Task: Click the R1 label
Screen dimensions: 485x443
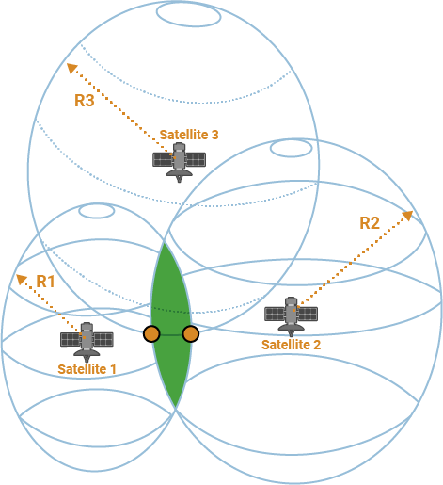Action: click(46, 282)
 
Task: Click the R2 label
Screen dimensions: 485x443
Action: click(370, 223)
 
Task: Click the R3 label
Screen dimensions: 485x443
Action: click(84, 101)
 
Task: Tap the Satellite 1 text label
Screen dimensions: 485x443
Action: click(87, 368)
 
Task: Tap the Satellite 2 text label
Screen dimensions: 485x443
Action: click(291, 345)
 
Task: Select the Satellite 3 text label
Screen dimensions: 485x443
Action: click(189, 135)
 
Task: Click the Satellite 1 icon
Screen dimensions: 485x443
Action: click(87, 340)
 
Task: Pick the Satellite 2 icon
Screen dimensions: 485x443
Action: click(291, 315)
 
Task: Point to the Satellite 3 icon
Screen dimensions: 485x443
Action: click(179, 161)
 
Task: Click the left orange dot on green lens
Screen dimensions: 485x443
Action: click(151, 333)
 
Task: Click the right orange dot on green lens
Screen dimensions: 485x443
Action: click(190, 333)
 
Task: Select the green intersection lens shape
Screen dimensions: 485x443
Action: click(171, 311)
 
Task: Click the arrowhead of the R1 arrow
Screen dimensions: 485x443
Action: click(19, 277)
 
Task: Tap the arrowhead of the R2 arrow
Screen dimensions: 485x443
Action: click(409, 214)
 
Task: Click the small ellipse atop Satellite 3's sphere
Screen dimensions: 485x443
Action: click(188, 14)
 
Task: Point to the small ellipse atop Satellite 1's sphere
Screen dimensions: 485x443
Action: click(96, 211)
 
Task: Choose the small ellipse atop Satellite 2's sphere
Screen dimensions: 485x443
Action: click(292, 148)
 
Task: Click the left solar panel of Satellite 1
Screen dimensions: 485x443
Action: click(71, 339)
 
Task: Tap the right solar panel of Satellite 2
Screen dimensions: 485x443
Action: click(307, 315)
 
